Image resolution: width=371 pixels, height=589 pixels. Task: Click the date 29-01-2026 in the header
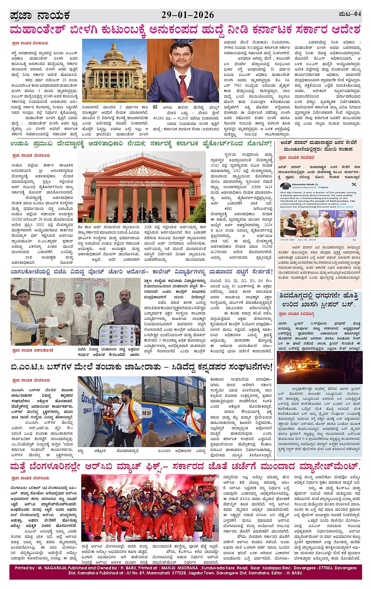(188, 15)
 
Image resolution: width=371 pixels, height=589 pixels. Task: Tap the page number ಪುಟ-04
(349, 14)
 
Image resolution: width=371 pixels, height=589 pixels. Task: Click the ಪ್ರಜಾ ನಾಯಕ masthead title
(40, 16)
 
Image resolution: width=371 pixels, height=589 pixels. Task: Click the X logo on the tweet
(354, 184)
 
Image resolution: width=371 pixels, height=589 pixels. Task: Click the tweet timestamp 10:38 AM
(287, 239)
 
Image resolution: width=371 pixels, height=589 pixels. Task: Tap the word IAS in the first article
(155, 107)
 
